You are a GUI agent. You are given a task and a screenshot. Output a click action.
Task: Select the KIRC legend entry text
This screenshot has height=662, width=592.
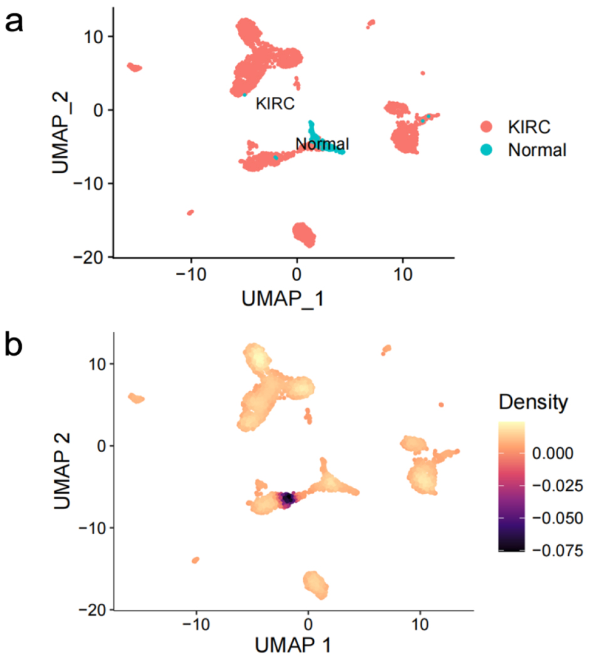pos(529,127)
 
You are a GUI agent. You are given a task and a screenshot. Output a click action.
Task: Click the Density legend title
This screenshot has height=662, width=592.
pos(534,402)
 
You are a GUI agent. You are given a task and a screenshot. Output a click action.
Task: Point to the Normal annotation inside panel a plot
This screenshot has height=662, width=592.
pos(322,145)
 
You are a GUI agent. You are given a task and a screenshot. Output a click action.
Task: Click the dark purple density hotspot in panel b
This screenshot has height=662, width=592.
pos(288,498)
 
